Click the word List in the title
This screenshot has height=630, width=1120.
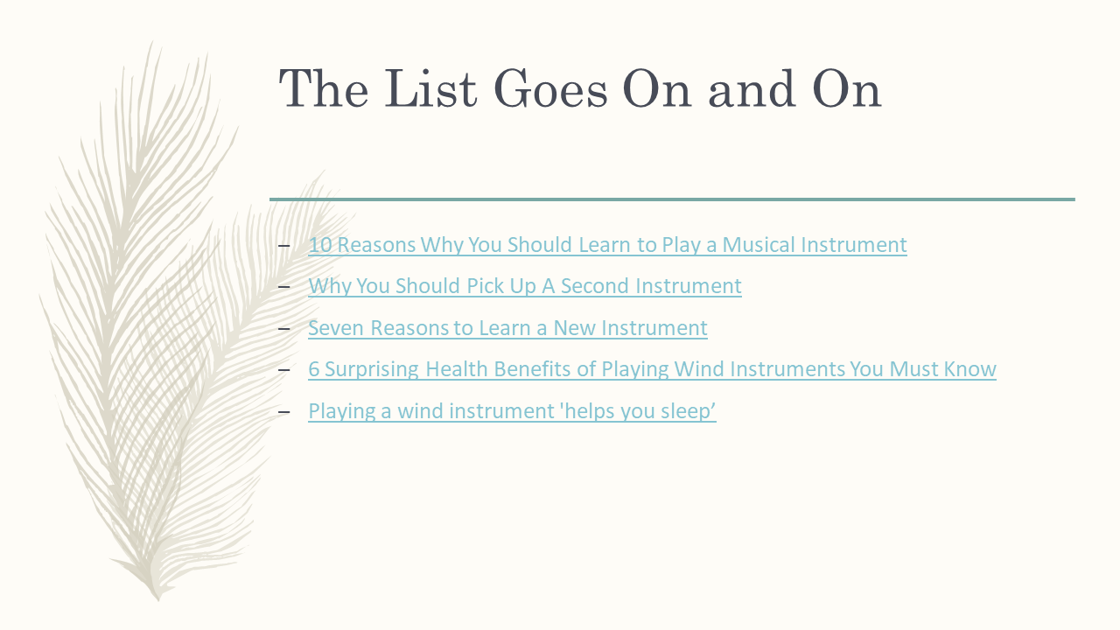click(x=430, y=88)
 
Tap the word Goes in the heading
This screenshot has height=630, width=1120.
click(x=550, y=88)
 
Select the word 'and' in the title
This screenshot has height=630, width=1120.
click(x=752, y=88)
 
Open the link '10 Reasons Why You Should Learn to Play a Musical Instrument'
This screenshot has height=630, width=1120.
click(x=607, y=245)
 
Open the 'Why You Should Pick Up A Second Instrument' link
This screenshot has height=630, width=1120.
click(x=525, y=286)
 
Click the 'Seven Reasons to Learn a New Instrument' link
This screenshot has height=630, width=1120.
click(x=507, y=328)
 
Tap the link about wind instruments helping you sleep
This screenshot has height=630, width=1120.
click(x=512, y=411)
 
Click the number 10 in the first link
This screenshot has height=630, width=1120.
click(x=320, y=245)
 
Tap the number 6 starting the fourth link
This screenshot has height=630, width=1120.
click(x=313, y=369)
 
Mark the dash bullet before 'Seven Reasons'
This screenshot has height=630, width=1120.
click(x=284, y=328)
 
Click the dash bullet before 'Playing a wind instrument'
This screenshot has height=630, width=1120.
click(x=284, y=412)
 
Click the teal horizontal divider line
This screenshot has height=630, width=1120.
click(x=672, y=199)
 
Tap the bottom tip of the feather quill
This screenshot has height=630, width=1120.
click(x=158, y=599)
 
